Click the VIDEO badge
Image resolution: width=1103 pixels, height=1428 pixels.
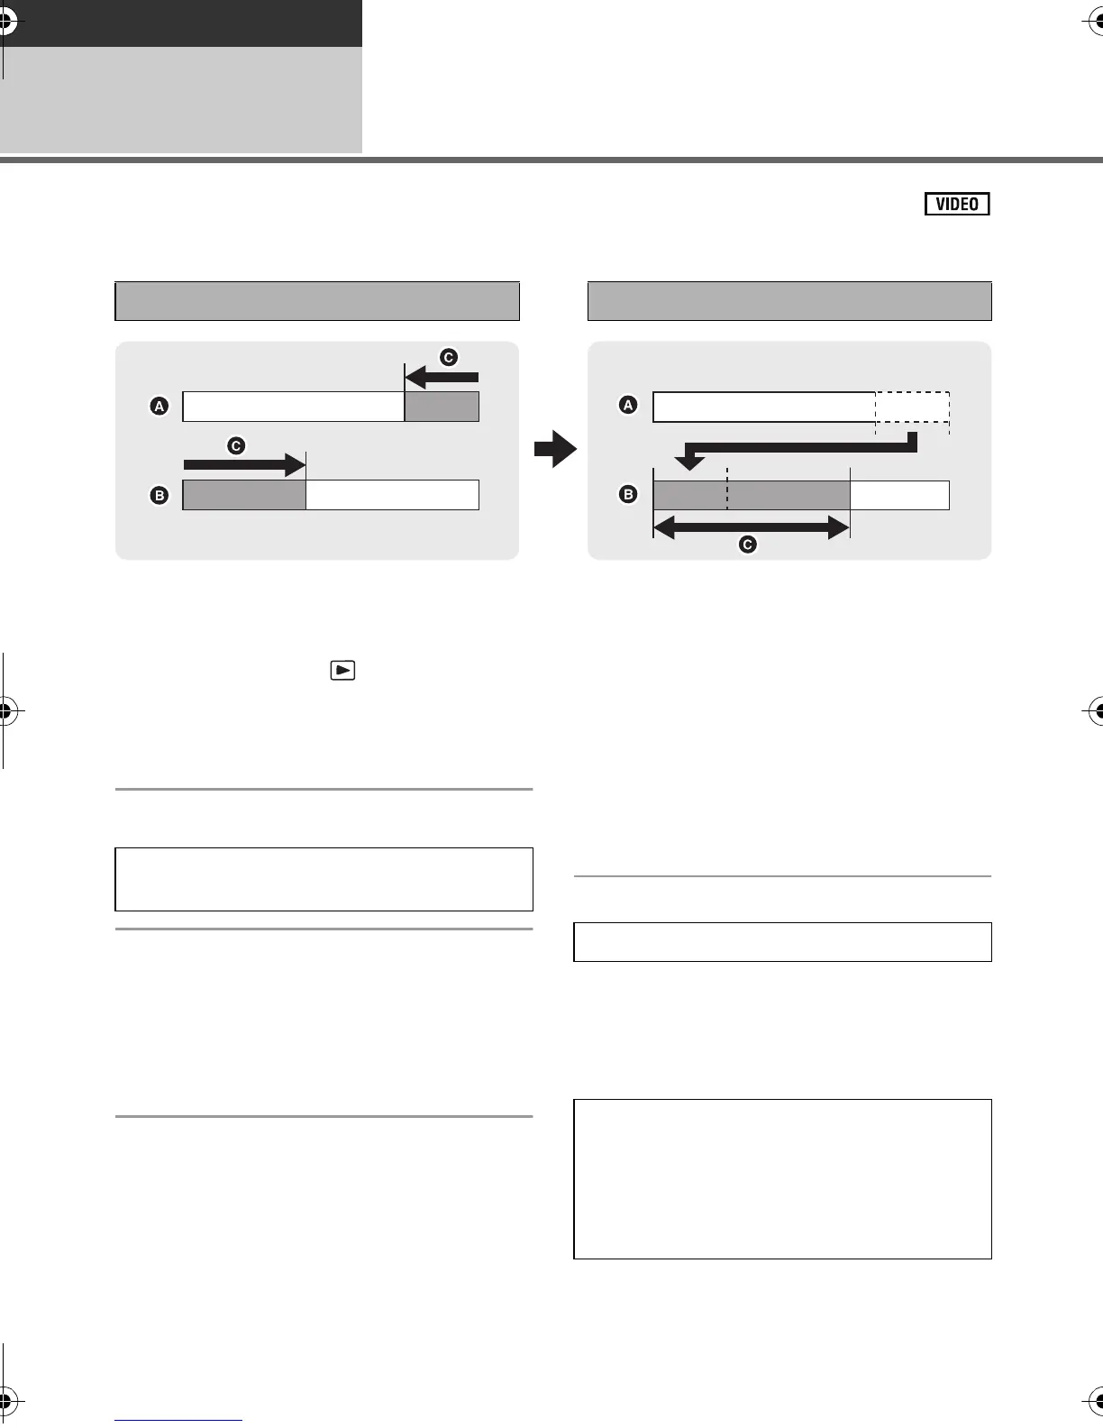pyautogui.click(x=957, y=204)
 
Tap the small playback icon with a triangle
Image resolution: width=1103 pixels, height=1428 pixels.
pyautogui.click(x=343, y=671)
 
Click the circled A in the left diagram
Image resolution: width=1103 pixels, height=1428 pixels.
pyautogui.click(x=160, y=407)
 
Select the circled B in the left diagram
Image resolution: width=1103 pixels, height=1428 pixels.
pyautogui.click(x=160, y=495)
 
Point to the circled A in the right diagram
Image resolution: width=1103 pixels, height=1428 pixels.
pyautogui.click(x=628, y=406)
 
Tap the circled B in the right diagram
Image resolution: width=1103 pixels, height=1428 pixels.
pyautogui.click(x=628, y=494)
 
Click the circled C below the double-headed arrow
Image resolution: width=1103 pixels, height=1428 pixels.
pyautogui.click(x=747, y=545)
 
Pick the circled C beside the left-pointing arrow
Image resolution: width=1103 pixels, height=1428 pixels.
pyautogui.click(x=448, y=358)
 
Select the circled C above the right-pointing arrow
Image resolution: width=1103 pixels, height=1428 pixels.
pyautogui.click(x=236, y=445)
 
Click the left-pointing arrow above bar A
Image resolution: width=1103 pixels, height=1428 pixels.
pyautogui.click(x=442, y=377)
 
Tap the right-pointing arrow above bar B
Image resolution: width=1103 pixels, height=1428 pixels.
pyautogui.click(x=244, y=464)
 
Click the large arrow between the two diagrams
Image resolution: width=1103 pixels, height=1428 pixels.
pyautogui.click(x=554, y=449)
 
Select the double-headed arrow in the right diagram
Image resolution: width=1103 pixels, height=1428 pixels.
pyautogui.click(x=751, y=528)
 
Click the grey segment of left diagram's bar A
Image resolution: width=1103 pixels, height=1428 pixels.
pyautogui.click(x=442, y=407)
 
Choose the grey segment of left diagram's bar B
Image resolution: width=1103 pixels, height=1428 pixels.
pyautogui.click(x=244, y=495)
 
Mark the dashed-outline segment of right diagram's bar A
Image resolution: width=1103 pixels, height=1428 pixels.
pyautogui.click(x=912, y=407)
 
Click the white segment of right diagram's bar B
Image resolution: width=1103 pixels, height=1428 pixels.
pyautogui.click(x=899, y=495)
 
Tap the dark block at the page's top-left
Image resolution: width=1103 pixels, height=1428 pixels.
pyautogui.click(x=181, y=23)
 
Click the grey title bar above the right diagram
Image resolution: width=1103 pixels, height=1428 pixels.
pyautogui.click(x=789, y=301)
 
